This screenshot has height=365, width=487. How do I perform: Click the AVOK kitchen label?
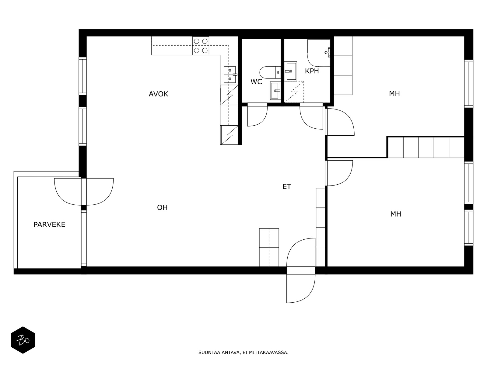(x=158, y=94)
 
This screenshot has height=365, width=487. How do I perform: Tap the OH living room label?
(x=162, y=207)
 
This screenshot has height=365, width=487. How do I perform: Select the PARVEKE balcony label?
(x=49, y=224)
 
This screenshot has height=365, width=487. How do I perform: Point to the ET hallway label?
(x=287, y=186)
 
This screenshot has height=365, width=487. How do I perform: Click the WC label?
(x=256, y=82)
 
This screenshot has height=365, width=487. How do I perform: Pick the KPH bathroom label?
(x=312, y=71)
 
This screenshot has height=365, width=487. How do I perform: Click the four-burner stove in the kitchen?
(x=201, y=46)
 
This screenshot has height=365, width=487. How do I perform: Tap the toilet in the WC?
(x=270, y=72)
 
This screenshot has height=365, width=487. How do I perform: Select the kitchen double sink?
(x=230, y=75)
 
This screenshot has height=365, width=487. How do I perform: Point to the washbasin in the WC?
(x=275, y=91)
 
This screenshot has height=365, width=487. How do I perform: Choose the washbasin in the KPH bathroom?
(x=291, y=71)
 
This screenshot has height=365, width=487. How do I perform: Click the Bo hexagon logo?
(x=23, y=340)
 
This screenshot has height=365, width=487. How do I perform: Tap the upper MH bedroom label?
(x=394, y=93)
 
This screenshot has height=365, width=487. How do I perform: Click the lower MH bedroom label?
(x=396, y=214)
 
